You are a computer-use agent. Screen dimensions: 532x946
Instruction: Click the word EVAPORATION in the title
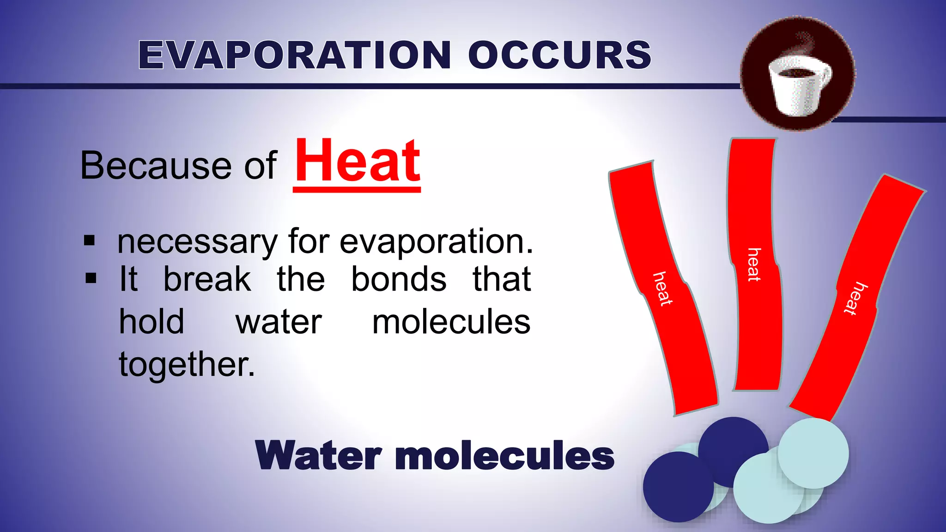pyautogui.click(x=294, y=55)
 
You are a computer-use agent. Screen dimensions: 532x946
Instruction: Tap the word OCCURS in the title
pyautogui.click(x=559, y=55)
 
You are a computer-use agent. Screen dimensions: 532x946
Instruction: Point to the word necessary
pyautogui.click(x=197, y=242)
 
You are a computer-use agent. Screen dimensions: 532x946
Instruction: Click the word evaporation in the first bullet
pyautogui.click(x=436, y=242)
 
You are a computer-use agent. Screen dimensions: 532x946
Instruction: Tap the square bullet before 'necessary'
pyautogui.click(x=90, y=241)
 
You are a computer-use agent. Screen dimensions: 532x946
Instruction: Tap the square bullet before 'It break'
pyautogui.click(x=91, y=278)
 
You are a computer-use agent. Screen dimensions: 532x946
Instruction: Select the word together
pyautogui.click(x=187, y=364)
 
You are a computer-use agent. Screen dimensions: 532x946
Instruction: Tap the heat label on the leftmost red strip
pyautogui.click(x=662, y=289)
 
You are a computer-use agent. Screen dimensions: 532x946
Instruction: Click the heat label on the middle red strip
pyautogui.click(x=754, y=264)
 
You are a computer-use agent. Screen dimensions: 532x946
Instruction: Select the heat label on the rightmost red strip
pyautogui.click(x=855, y=298)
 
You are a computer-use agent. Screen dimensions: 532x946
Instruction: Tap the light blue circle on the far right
pyautogui.click(x=813, y=453)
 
